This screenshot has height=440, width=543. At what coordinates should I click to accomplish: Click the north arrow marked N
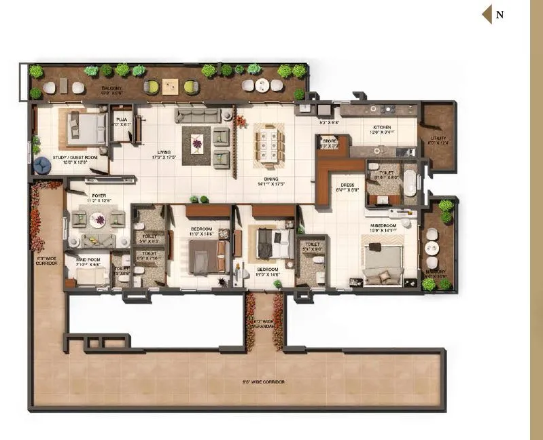493,14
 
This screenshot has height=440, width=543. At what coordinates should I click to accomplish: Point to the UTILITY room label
438,139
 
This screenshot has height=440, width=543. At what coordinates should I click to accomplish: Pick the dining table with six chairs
269,144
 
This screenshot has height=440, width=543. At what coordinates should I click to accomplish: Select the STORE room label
330,141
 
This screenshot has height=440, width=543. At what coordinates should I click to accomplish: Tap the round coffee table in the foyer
98,219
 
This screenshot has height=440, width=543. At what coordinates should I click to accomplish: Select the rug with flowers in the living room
197,143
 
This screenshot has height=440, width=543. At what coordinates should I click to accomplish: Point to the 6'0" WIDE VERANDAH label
263,325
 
